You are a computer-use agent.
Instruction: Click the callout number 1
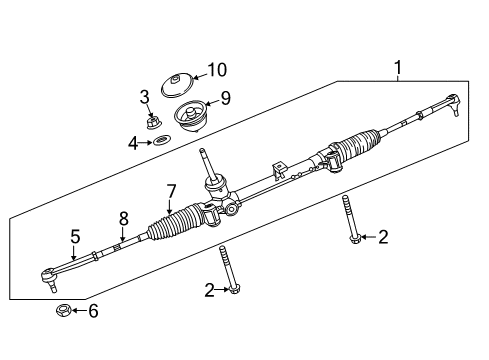(398, 68)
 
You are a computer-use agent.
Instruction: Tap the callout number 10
(217, 70)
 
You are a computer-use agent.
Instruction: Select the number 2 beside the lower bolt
(210, 290)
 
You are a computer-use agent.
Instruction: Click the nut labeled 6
(62, 311)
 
